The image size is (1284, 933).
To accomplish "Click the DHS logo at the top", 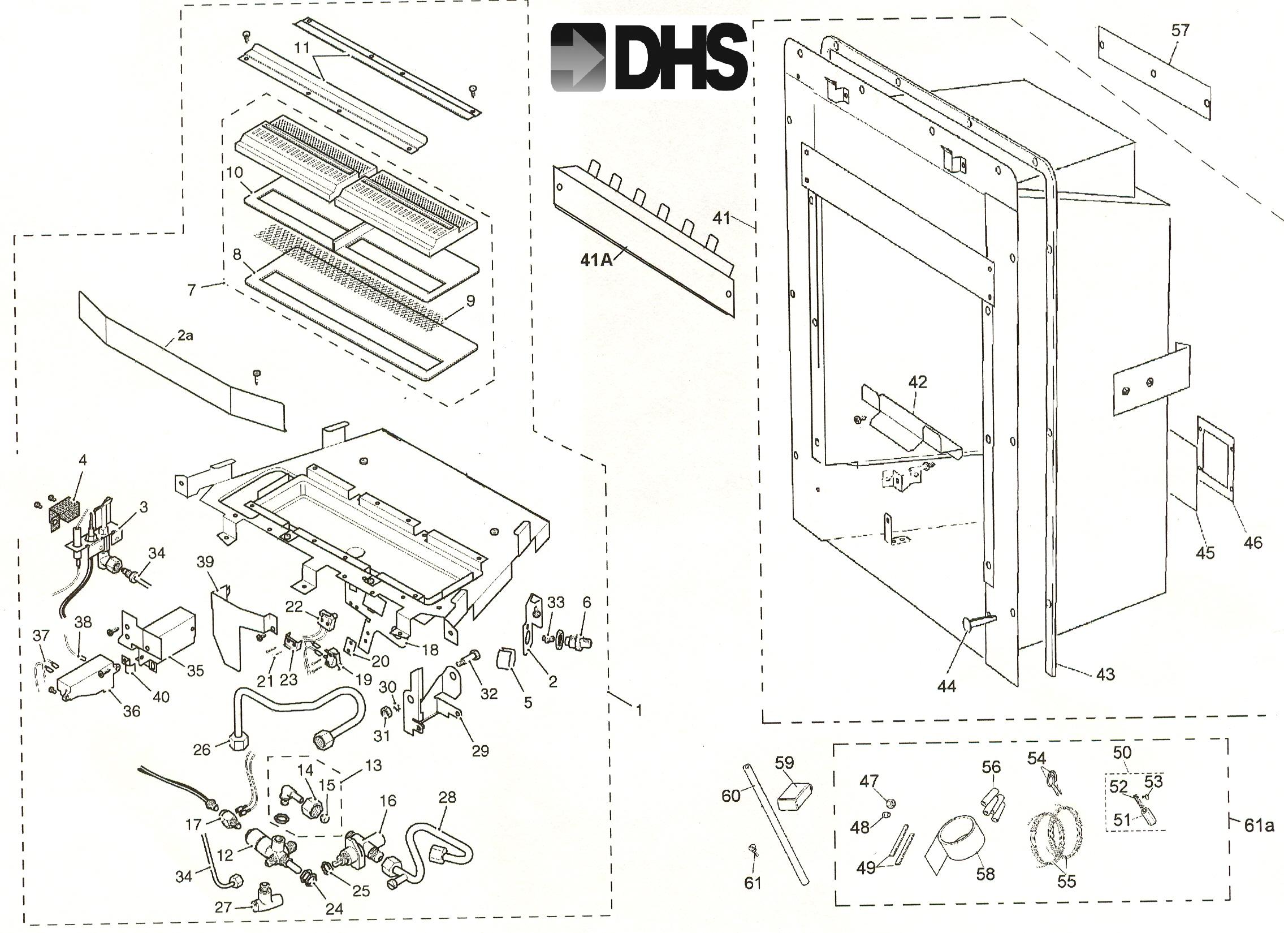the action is [649, 57].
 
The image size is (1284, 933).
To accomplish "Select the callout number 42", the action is [918, 382].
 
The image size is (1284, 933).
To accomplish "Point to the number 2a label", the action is [185, 336].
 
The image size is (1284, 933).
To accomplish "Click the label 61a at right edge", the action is [1259, 825].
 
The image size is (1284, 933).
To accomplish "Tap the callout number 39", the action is [205, 561].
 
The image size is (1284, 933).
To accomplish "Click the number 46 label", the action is [1253, 543].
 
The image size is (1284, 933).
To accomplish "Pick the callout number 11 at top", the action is [302, 47].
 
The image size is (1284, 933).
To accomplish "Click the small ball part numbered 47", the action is [890, 803].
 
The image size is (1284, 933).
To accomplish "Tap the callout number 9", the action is [471, 301].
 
